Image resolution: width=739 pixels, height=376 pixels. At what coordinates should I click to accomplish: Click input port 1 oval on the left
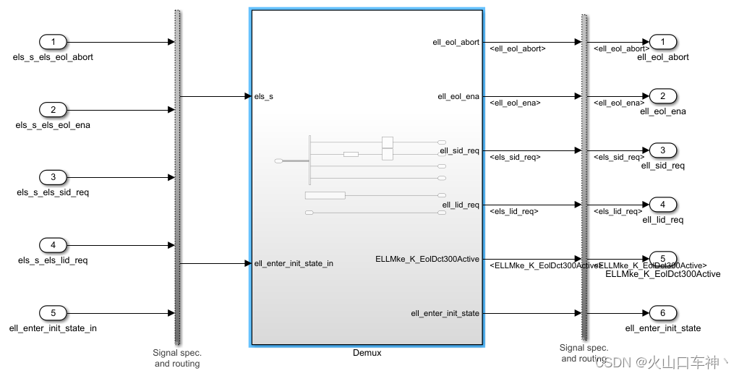click(53, 42)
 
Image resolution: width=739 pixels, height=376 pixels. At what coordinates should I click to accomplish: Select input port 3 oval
click(53, 177)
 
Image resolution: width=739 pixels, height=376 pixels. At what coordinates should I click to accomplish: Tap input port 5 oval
click(53, 313)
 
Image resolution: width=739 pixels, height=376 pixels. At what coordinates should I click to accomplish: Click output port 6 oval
click(663, 313)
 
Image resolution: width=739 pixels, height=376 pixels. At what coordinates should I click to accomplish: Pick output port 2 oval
click(663, 96)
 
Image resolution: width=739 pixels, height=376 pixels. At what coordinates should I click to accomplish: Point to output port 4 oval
click(663, 205)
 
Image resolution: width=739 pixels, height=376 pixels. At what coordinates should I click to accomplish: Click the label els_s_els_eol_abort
click(53, 57)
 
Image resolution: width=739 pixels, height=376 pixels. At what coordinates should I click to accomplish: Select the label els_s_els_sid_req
click(53, 192)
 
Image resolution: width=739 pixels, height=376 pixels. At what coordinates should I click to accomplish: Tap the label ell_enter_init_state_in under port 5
click(53, 328)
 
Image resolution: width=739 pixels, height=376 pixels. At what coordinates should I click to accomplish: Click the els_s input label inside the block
click(264, 96)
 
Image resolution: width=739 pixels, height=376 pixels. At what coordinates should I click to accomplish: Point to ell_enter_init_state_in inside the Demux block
click(294, 263)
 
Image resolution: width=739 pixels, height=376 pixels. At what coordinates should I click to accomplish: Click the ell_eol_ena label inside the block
click(458, 96)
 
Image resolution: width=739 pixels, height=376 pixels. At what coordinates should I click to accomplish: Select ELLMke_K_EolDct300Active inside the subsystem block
click(427, 259)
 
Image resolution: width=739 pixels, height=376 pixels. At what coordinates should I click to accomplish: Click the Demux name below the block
click(367, 353)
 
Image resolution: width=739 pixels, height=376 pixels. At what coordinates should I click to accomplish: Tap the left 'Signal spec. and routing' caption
click(177, 358)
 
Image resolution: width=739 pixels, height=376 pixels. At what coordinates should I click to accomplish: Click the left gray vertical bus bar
click(177, 177)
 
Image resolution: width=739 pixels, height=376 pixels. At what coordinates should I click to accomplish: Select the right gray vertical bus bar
click(583, 177)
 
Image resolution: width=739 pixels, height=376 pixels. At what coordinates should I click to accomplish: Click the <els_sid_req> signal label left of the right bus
click(515, 157)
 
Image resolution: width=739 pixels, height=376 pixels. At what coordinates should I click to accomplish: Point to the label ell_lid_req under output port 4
click(662, 220)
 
